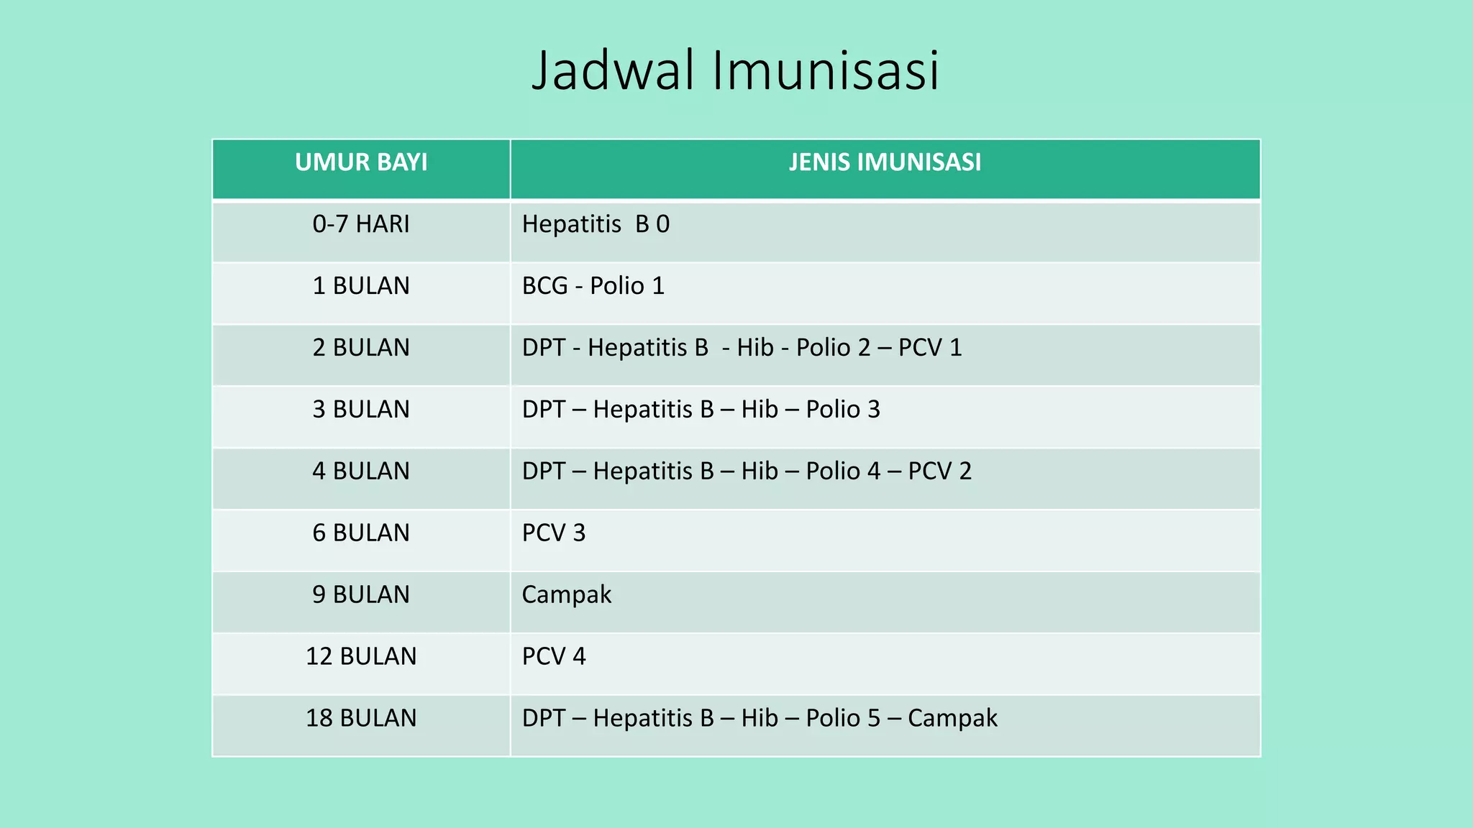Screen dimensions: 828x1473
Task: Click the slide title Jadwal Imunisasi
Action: click(x=735, y=70)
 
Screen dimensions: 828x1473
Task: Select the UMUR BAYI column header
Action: click(x=361, y=162)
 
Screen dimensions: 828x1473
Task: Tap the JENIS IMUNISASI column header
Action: click(x=885, y=162)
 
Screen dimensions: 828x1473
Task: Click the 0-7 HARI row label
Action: click(x=361, y=224)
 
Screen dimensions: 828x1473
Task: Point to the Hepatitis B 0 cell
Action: click(x=596, y=224)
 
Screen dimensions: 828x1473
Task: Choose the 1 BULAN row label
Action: click(x=361, y=286)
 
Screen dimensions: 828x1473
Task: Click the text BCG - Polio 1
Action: click(x=593, y=286)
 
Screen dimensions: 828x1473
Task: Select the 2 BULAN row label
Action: click(x=361, y=348)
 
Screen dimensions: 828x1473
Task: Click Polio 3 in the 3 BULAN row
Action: click(x=843, y=410)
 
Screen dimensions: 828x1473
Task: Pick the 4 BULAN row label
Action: click(x=361, y=471)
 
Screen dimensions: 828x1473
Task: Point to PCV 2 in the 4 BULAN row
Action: click(x=940, y=471)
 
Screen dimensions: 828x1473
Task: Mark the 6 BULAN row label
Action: click(x=361, y=533)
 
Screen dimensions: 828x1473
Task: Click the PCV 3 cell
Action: click(x=554, y=533)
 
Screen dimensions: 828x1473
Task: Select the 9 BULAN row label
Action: click(x=361, y=595)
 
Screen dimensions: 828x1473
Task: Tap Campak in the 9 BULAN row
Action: click(x=567, y=595)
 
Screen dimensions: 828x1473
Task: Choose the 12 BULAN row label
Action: click(x=361, y=657)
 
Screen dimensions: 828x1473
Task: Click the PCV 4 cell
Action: click(x=554, y=657)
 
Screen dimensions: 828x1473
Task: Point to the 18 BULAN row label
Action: click(x=361, y=719)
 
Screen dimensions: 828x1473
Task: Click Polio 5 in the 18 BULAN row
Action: click(x=843, y=719)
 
